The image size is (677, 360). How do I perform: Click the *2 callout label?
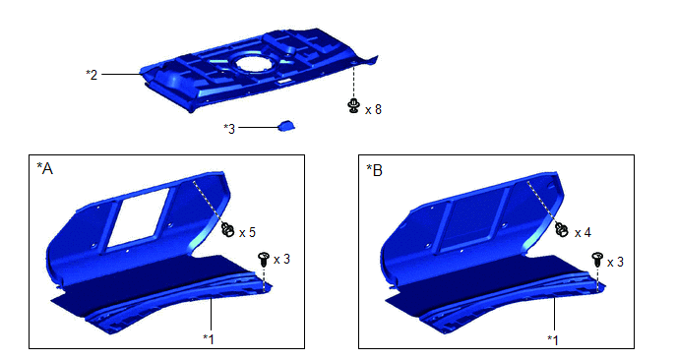click(x=92, y=75)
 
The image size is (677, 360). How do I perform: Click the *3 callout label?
click(x=229, y=128)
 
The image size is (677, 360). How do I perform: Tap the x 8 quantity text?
click(x=373, y=109)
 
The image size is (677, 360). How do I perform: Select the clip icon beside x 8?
click(x=353, y=105)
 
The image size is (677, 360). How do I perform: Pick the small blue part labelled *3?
click(x=286, y=126)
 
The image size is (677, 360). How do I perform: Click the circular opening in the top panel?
click(x=254, y=63)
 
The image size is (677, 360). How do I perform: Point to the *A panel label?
click(x=44, y=169)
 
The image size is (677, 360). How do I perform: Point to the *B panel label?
click(x=374, y=170)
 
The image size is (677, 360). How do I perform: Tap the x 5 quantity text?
click(x=247, y=233)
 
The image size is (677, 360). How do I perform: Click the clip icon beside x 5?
click(x=227, y=229)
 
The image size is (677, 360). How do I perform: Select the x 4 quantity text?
click(x=583, y=233)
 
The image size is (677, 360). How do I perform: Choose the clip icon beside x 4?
click(x=562, y=229)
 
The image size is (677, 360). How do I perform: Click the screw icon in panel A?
click(x=263, y=259)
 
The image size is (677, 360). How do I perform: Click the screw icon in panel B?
click(x=597, y=259)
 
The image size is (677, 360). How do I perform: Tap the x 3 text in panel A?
click(x=281, y=259)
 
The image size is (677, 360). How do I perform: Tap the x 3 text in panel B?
click(x=615, y=262)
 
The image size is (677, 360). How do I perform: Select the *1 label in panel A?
click(x=209, y=338)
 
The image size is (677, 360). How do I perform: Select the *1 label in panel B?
click(x=553, y=339)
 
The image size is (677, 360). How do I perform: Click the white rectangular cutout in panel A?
click(x=138, y=217)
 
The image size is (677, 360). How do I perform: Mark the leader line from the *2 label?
click(x=121, y=74)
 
